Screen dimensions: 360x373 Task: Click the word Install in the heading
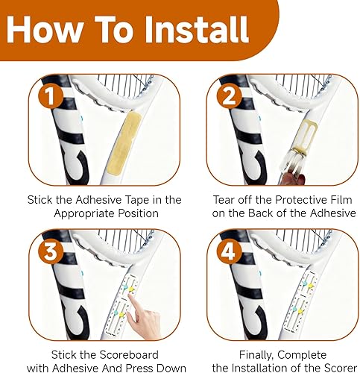(197, 30)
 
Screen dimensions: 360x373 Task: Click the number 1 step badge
(51, 95)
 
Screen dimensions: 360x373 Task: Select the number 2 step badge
(229, 95)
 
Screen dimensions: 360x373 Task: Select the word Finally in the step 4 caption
(257, 355)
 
